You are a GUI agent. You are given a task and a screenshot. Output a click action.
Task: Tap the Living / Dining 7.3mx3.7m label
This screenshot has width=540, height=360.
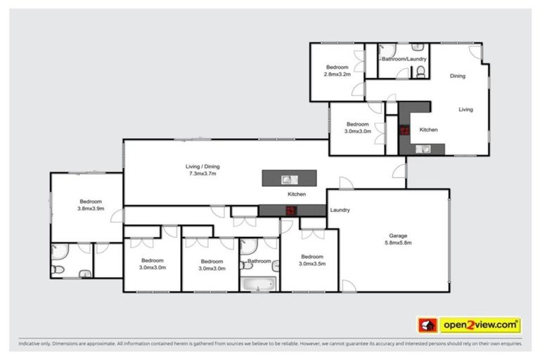click(x=202, y=169)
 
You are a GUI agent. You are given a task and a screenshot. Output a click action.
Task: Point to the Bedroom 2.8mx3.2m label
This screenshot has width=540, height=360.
click(x=337, y=70)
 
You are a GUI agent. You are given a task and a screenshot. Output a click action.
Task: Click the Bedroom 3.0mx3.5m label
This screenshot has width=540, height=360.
click(x=311, y=259)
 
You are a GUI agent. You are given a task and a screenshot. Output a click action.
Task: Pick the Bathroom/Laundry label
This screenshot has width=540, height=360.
click(x=404, y=59)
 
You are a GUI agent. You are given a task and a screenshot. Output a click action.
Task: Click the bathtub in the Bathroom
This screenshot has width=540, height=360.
click(x=259, y=284)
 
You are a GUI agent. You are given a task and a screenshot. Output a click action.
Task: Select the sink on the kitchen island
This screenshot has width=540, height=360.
click(x=287, y=179)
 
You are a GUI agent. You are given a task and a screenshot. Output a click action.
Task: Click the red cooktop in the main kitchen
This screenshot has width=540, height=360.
click(x=290, y=209)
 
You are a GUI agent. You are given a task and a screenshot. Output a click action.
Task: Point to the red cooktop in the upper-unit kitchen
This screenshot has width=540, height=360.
click(x=406, y=129)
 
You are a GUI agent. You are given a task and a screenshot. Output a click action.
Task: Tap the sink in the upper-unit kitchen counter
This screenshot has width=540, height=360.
click(x=425, y=148)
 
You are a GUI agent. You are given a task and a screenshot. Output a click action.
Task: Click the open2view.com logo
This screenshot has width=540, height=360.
click(x=480, y=325)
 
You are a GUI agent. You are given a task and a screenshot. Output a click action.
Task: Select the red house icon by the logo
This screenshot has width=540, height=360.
click(x=427, y=325)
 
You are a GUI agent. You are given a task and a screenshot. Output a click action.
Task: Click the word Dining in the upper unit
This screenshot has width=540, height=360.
click(x=458, y=76)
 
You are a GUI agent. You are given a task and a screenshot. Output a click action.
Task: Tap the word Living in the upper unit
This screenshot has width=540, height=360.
click(x=465, y=110)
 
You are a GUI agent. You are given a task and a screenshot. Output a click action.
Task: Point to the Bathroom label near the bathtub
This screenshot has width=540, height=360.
click(x=259, y=262)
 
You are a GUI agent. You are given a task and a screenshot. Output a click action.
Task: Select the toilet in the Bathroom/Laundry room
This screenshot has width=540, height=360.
click(x=420, y=70)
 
